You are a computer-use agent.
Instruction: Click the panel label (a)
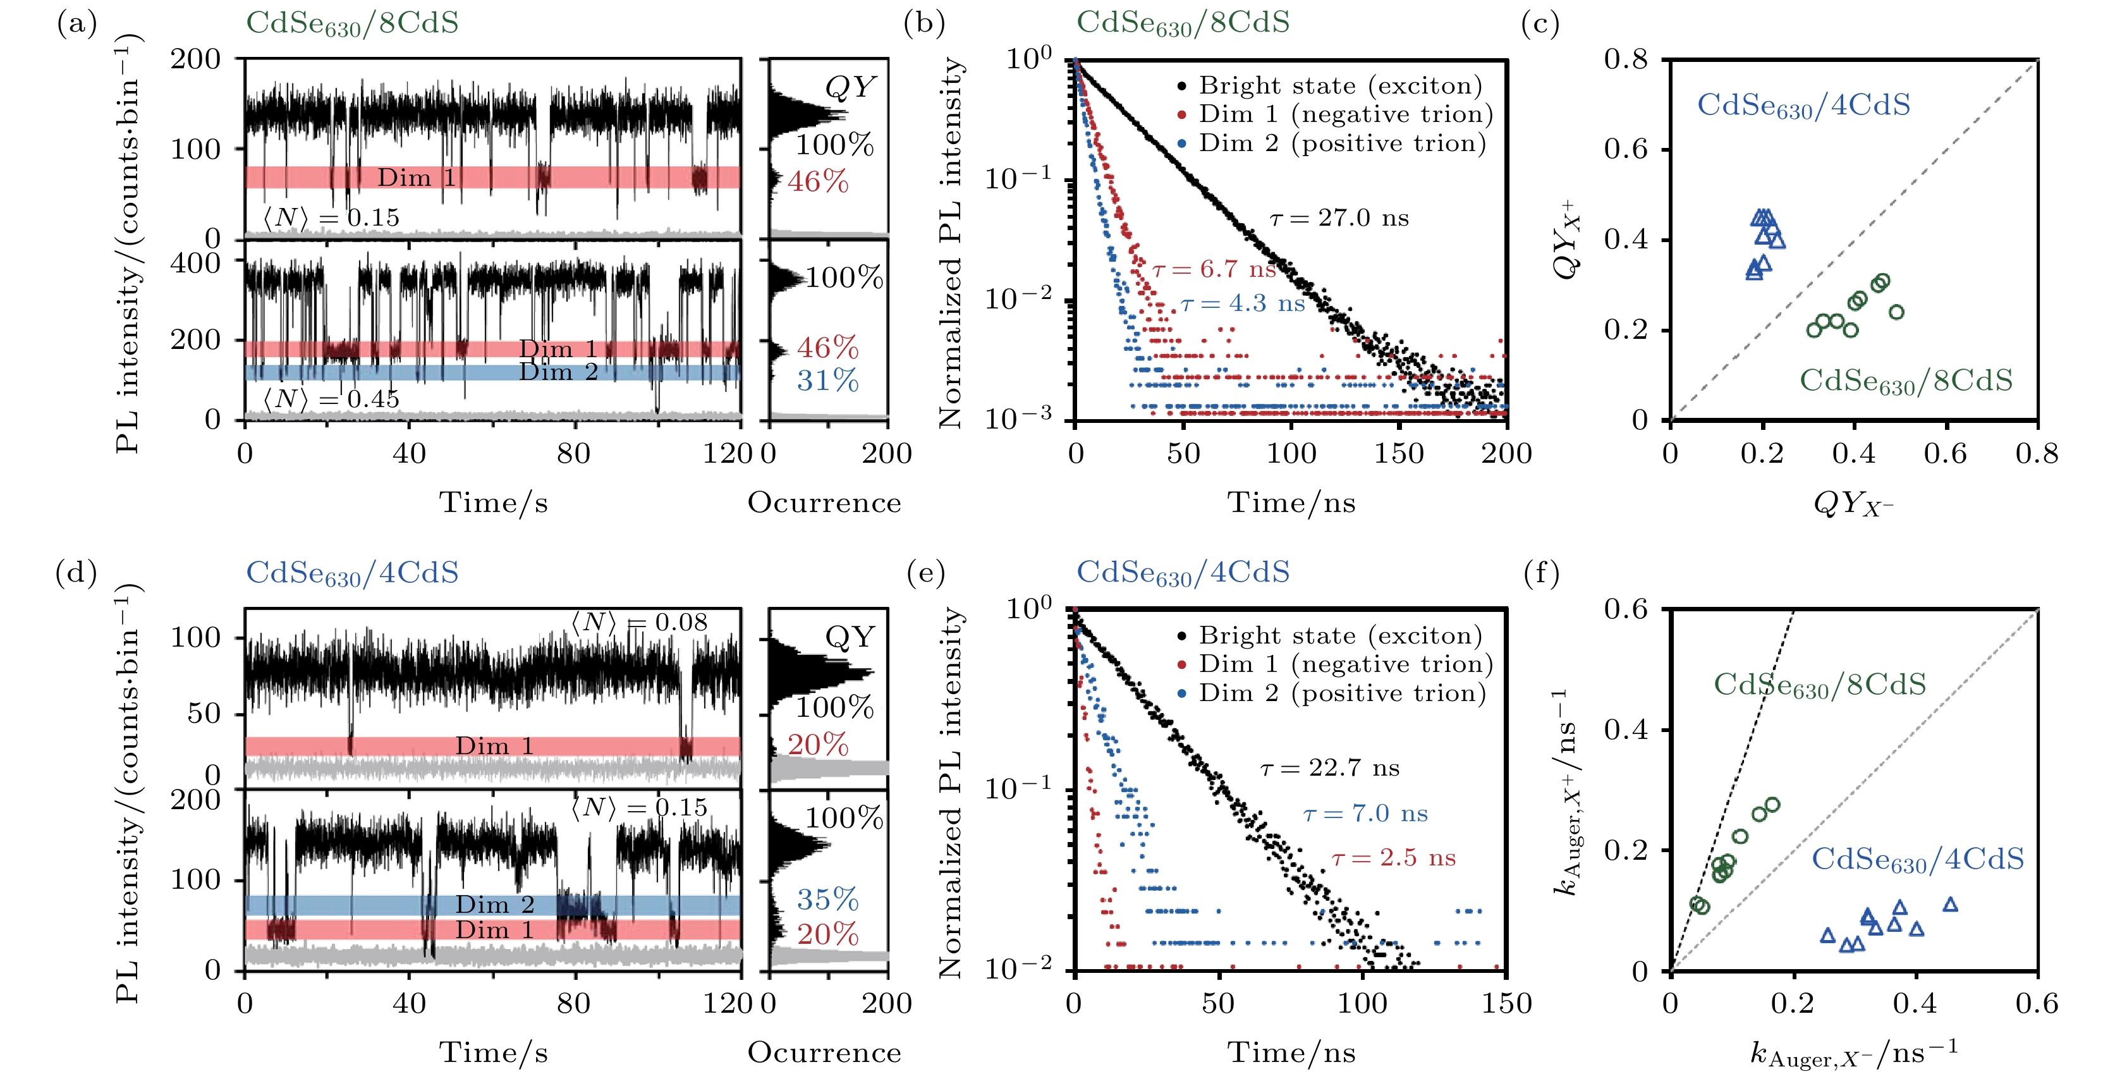[x=76, y=24]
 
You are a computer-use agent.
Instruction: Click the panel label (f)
[x=1540, y=573]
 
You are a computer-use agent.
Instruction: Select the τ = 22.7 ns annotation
[x=1329, y=768]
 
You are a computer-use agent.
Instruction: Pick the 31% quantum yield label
[x=827, y=381]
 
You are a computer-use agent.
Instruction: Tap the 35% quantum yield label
[x=827, y=900]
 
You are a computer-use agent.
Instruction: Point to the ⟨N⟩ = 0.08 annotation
[x=639, y=623]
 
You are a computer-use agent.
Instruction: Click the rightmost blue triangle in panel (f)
[x=1950, y=905]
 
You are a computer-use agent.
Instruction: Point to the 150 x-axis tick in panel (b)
[x=1399, y=453]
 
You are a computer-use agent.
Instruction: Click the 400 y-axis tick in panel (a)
[x=195, y=263]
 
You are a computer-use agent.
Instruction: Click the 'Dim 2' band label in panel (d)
[x=494, y=905]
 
